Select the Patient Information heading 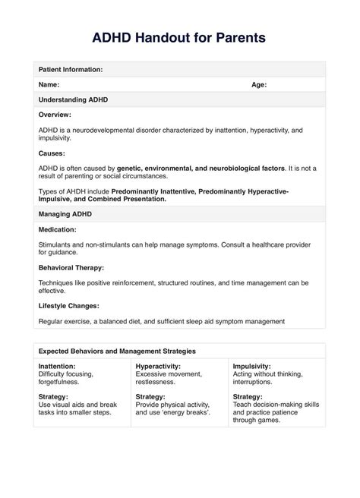(71, 69)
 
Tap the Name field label (49, 85)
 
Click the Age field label (259, 85)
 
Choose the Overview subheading (55, 115)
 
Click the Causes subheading (52, 152)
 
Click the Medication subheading (57, 229)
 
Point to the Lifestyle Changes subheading (70, 305)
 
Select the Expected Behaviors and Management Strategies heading (117, 351)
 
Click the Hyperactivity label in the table (158, 367)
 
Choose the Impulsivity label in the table (254, 367)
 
